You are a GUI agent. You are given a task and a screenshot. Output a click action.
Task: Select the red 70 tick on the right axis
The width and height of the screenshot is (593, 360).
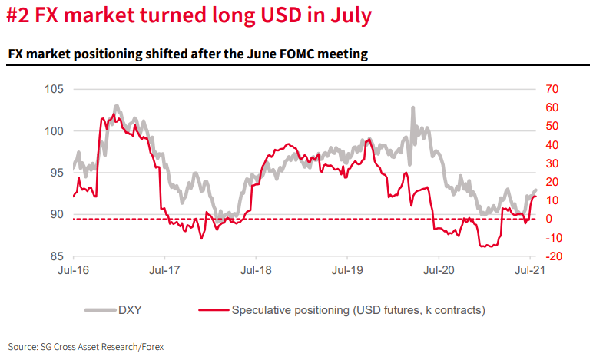pos(552,90)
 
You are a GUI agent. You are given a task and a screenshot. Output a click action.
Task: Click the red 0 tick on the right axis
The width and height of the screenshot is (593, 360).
pos(549,219)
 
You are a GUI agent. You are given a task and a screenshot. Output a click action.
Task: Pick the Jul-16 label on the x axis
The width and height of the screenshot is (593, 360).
pos(74,270)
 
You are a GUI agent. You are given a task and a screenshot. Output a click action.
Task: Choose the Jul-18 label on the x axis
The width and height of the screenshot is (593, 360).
pos(255,270)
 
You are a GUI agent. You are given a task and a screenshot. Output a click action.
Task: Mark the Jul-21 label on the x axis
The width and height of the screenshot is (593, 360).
pos(529,270)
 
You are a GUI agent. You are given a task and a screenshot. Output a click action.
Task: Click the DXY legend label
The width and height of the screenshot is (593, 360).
pos(130,311)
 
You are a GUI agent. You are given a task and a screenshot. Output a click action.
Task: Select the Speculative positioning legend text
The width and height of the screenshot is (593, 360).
pos(358,311)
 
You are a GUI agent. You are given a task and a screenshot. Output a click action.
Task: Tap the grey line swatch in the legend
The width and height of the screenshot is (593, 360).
pos(97,311)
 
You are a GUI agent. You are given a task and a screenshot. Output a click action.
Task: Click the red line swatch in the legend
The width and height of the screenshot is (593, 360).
pos(213,311)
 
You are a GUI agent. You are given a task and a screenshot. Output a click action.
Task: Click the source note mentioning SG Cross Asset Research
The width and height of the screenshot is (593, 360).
pos(85,347)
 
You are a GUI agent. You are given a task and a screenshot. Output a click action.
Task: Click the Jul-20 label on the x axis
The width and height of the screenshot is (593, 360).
pos(438,270)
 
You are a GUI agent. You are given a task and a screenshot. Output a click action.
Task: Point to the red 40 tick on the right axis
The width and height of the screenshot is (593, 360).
pos(552,144)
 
